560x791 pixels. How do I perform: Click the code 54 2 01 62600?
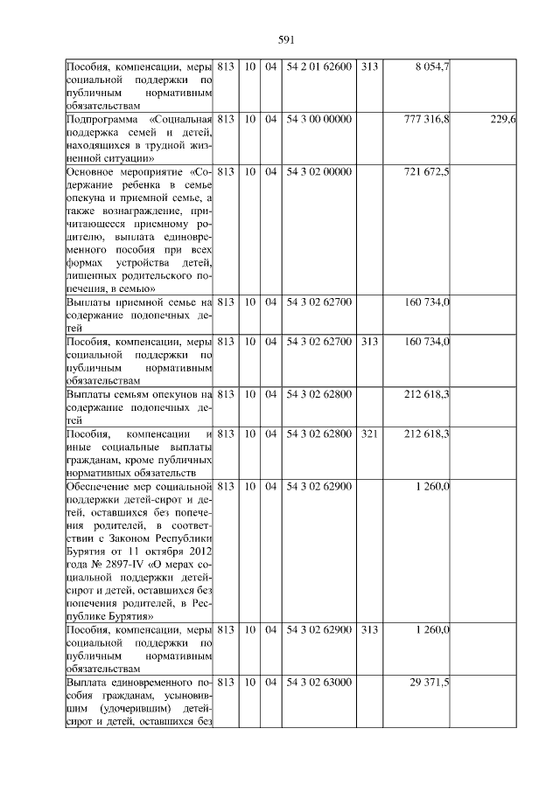click(318, 67)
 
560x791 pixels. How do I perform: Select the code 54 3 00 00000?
click(318, 119)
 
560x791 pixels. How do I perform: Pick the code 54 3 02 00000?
click(318, 171)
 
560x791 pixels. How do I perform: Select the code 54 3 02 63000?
click(318, 682)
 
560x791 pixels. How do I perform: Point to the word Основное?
click(92, 172)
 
